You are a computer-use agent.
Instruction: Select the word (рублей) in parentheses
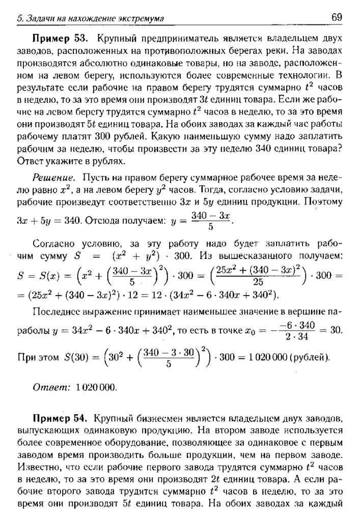[x=310, y=357]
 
